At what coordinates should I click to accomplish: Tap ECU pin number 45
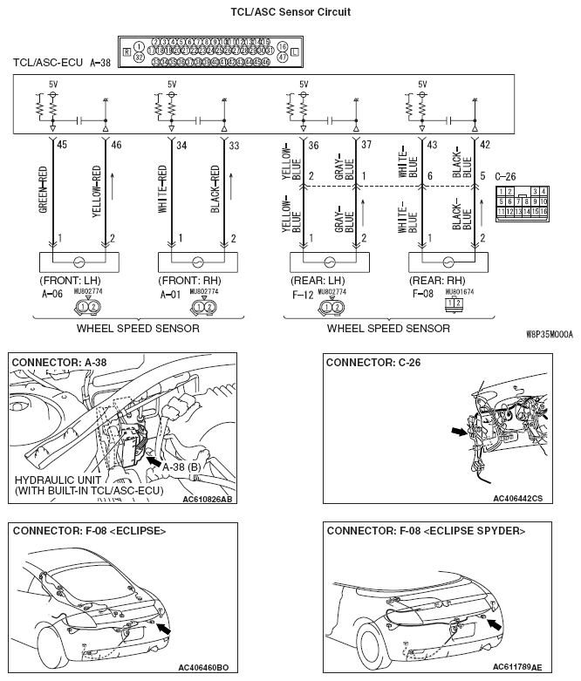61,145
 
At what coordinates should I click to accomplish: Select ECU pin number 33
234,145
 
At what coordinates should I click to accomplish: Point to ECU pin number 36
312,145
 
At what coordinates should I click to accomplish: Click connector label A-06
53,294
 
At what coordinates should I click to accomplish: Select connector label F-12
302,294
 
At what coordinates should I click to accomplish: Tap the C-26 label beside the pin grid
507,174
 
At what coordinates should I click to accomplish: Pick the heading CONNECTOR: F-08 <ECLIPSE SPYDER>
426,530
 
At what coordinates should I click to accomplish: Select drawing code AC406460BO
203,668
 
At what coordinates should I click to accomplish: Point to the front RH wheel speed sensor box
196,261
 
